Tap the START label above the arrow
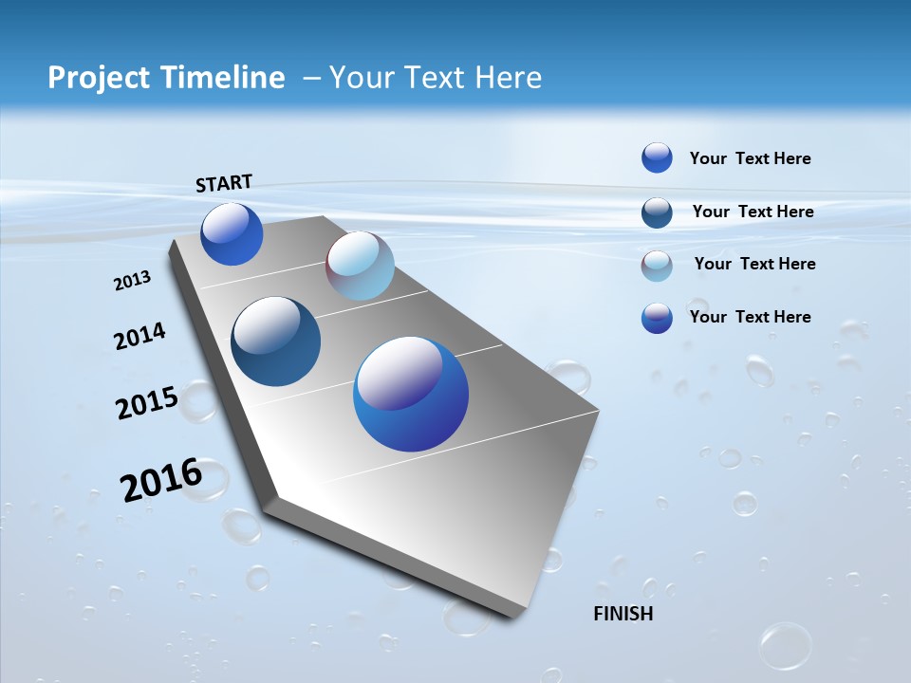click(224, 183)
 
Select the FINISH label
click(623, 614)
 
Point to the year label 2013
click(132, 281)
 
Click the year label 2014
click(139, 337)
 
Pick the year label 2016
click(161, 480)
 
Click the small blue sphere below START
click(232, 234)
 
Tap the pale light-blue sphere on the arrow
click(360, 266)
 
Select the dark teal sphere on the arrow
click(276, 341)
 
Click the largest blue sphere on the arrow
click(411, 394)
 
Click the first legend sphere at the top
click(657, 157)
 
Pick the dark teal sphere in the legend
click(657, 212)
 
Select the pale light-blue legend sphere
click(657, 266)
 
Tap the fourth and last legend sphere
click(657, 318)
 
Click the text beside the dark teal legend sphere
click(753, 212)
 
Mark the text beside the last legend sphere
click(750, 317)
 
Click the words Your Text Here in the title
click(436, 78)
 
